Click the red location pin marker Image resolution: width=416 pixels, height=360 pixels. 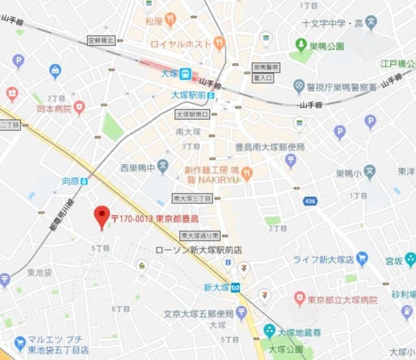(101, 216)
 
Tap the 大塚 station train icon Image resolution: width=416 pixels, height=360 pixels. (186, 74)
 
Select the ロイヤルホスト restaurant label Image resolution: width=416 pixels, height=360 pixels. (180, 44)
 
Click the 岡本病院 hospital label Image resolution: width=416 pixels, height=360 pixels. (53, 109)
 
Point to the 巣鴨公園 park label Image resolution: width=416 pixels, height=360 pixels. (326, 47)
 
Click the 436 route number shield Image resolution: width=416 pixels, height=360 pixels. (309, 201)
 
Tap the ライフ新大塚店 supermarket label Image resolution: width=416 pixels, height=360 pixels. (323, 259)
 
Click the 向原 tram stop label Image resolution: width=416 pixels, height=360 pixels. (70, 181)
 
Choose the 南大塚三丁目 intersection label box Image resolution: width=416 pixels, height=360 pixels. (192, 198)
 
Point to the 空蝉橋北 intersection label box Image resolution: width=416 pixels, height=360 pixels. (101, 40)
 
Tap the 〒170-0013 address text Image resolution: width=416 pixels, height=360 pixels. (155, 219)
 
